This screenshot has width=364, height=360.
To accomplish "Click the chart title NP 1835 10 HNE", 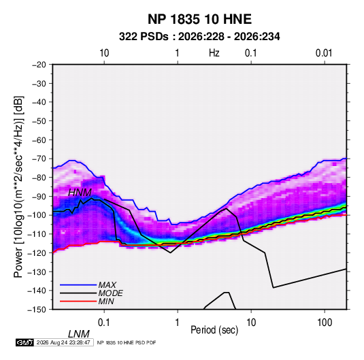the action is [x=199, y=19].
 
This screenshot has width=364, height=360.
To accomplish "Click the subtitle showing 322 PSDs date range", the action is [x=199, y=37].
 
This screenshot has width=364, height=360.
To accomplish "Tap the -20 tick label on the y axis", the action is [x=39, y=65].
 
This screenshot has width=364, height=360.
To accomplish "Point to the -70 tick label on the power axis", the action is [x=39, y=159].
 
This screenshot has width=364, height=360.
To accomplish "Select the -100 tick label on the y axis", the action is [x=37, y=215].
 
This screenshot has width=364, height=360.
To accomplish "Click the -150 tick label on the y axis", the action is [x=37, y=310].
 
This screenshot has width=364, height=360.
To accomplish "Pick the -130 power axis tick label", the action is [x=37, y=272].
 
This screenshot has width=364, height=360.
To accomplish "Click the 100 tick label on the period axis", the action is [x=325, y=323].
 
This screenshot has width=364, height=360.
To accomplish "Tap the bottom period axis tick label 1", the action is [x=178, y=323].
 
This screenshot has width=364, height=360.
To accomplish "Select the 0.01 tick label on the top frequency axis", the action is [x=324, y=53].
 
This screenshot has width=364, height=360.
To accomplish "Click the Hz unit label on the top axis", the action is [x=214, y=53].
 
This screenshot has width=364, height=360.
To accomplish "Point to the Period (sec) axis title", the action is [x=214, y=330].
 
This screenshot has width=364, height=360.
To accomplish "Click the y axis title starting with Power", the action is [x=18, y=186].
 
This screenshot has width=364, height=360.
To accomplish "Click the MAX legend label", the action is [x=107, y=285].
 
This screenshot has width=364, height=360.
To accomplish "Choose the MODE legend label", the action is [x=110, y=293].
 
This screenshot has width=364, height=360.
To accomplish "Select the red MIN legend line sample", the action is [x=78, y=301].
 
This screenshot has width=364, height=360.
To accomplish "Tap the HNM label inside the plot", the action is [x=80, y=193].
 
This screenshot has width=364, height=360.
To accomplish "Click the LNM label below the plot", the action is [x=79, y=334].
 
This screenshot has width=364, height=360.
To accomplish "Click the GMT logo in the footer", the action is [x=24, y=342].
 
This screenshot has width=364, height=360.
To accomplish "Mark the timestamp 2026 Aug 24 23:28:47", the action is [x=63, y=342].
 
